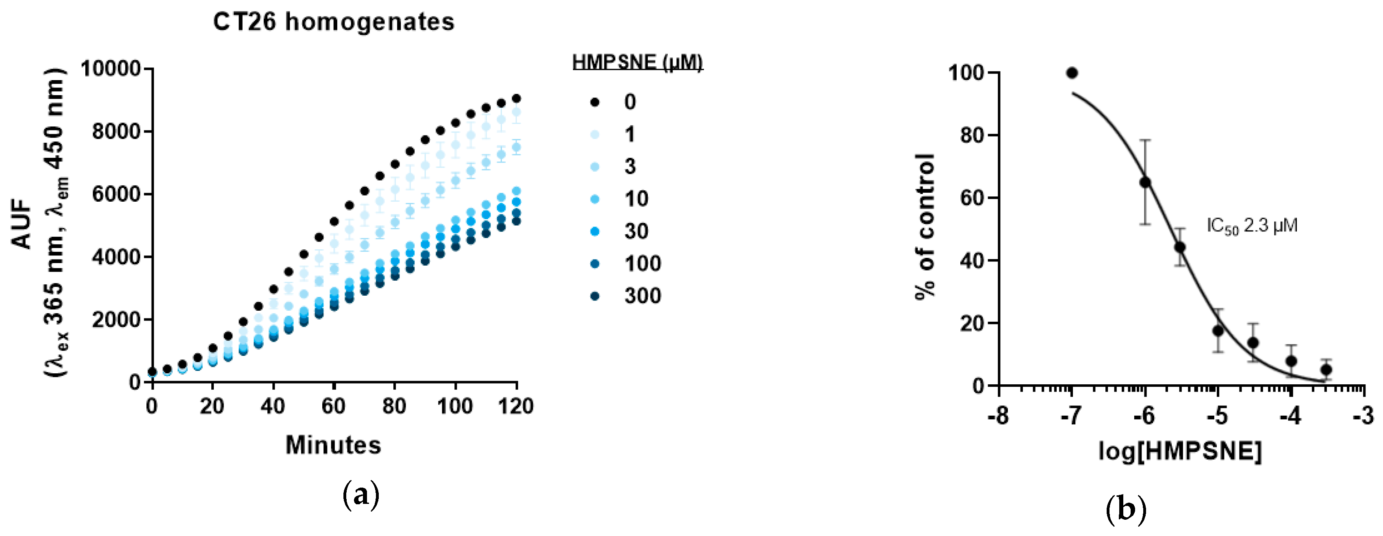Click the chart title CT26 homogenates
click(333, 22)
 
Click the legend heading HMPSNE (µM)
click(637, 62)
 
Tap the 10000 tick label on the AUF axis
click(111, 69)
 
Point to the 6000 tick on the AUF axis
click(116, 194)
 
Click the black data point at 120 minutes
click(517, 98)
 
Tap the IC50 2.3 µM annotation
click(1252, 226)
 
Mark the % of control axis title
click(925, 226)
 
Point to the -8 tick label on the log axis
click(998, 416)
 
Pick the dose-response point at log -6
click(1145, 182)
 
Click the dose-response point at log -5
click(1218, 331)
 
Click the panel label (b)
click(1126, 509)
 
